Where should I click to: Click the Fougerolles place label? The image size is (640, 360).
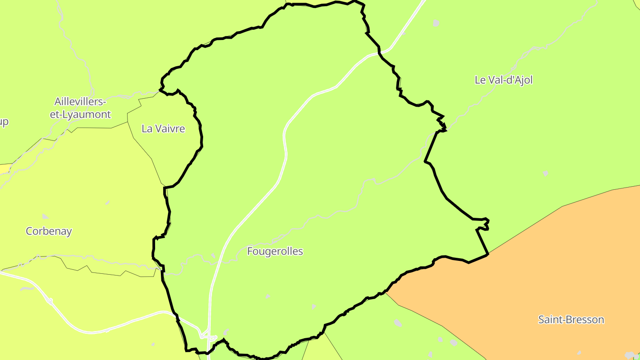(x=275, y=252)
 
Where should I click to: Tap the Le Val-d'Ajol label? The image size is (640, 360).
(x=504, y=80)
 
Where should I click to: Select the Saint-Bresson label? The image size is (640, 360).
(x=571, y=320)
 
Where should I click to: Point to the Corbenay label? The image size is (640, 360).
(x=49, y=231)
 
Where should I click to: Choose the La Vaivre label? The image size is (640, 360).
(x=163, y=129)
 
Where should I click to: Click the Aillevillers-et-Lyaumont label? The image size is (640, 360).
(x=80, y=108)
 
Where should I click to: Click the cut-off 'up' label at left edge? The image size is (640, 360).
(x=4, y=122)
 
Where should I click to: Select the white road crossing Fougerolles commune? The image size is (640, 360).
(x=284, y=151)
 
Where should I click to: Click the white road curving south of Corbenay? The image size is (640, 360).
(x=89, y=331)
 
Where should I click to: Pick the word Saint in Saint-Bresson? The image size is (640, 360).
(x=549, y=320)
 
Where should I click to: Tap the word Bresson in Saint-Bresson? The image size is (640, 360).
(x=583, y=320)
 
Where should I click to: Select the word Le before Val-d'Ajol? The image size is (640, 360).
(x=480, y=80)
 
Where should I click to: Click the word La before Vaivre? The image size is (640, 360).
(x=147, y=129)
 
